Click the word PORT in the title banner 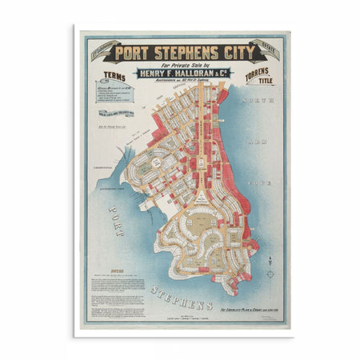click(x=131, y=54)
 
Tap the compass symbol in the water click(x=270, y=274)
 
